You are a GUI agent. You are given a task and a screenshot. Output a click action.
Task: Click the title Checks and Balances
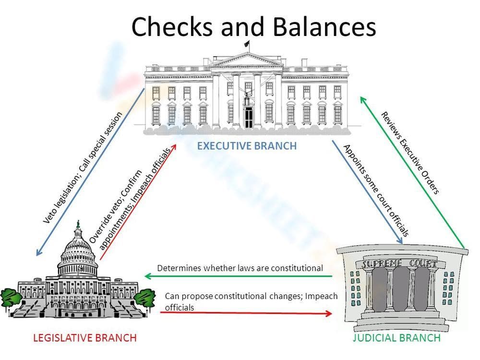point(253,26)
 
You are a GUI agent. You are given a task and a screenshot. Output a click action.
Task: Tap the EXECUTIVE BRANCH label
point(247,145)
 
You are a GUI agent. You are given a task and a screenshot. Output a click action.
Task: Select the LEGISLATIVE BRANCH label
point(84,338)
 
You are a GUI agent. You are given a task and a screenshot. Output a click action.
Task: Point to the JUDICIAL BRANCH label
point(396,338)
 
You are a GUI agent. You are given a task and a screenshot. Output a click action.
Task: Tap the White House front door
point(248,117)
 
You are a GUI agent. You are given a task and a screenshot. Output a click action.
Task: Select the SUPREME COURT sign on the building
point(400,264)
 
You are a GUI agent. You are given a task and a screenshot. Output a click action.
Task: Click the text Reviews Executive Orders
point(410,152)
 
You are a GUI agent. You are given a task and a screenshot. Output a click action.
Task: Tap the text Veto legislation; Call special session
point(83,168)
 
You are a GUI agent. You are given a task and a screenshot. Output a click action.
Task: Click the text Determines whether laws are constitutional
point(240,268)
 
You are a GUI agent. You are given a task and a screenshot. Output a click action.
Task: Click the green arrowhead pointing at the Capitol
point(148,276)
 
